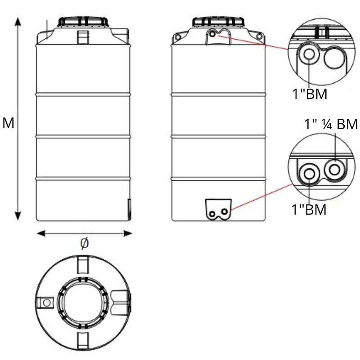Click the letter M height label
click(x=8, y=123)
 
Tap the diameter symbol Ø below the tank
click(x=84, y=243)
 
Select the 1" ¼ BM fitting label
click(x=331, y=124)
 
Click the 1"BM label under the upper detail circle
click(x=310, y=94)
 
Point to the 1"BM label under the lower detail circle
click(x=309, y=209)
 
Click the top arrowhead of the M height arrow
click(x=18, y=22)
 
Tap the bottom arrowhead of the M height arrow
click(x=18, y=216)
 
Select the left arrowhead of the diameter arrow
click(x=41, y=234)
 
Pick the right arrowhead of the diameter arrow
click(x=128, y=234)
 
